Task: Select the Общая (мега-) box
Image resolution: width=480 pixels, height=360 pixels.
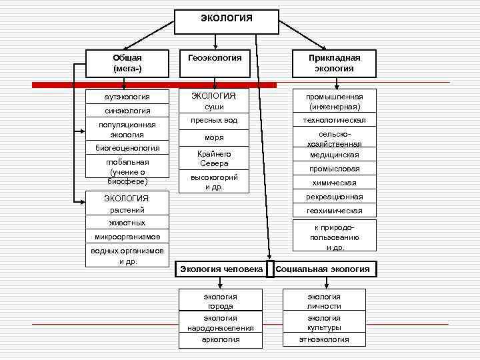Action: click(x=127, y=63)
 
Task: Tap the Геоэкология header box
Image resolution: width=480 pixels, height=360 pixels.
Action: click(x=215, y=59)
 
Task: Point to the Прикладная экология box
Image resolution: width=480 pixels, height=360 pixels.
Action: click(x=334, y=63)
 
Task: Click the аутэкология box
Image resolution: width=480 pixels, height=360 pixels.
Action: click(x=127, y=97)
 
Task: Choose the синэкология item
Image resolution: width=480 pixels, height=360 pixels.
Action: click(x=127, y=111)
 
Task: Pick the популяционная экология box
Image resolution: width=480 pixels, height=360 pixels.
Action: click(x=127, y=129)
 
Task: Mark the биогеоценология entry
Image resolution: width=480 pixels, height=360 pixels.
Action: click(x=127, y=148)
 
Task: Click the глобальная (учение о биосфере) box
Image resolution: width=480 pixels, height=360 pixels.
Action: click(x=127, y=171)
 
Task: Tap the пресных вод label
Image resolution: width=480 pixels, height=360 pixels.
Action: click(x=214, y=120)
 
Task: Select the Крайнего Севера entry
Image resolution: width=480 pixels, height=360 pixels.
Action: click(x=214, y=159)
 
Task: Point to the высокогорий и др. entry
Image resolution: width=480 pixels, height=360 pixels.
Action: click(x=214, y=182)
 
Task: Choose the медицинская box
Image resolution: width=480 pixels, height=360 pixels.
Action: click(x=334, y=155)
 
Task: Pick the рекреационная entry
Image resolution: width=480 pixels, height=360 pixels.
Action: click(x=334, y=197)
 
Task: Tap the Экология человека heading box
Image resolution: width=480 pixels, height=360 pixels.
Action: click(x=221, y=269)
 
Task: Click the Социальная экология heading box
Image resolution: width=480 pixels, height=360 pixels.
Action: click(x=323, y=269)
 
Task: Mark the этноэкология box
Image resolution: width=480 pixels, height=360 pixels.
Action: click(x=324, y=340)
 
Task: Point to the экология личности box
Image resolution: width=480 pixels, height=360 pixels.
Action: click(x=324, y=301)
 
